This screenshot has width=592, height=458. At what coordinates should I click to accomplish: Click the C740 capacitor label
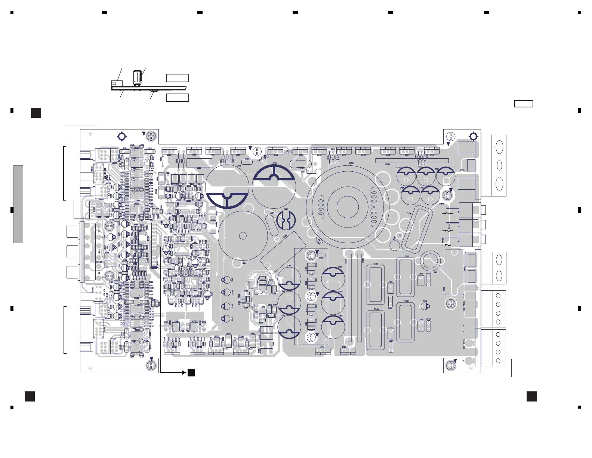click(275, 164)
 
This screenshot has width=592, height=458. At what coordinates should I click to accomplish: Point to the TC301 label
click(376, 264)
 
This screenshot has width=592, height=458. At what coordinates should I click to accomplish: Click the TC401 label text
click(407, 257)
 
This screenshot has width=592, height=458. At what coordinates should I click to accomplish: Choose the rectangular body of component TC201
click(406, 323)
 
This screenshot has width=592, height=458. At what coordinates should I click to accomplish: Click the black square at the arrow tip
click(191, 373)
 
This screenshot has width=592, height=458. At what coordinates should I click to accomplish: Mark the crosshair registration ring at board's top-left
click(121, 136)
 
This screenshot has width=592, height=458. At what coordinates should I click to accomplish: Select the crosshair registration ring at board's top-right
click(473, 136)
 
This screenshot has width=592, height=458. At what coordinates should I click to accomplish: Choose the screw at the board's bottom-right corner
click(451, 365)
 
